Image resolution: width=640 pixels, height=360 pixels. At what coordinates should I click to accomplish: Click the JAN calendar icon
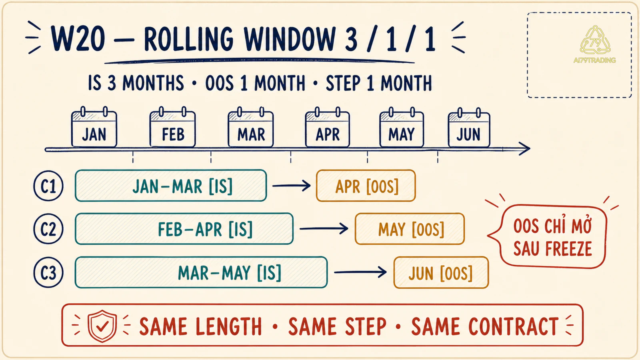click(94, 128)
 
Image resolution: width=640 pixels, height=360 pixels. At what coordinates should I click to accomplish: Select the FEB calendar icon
click(172, 128)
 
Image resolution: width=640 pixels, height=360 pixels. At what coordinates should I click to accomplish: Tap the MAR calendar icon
click(250, 128)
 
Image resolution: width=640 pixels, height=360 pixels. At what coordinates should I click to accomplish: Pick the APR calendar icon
click(328, 128)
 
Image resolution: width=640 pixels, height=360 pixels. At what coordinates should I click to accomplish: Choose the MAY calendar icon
click(402, 128)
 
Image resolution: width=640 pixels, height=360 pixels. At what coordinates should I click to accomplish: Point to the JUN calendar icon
click(469, 128)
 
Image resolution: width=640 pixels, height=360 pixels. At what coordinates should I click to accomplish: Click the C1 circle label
click(48, 186)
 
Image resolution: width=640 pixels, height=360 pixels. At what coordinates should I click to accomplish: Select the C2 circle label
click(48, 229)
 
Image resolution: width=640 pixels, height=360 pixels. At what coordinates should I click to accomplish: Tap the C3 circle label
click(48, 272)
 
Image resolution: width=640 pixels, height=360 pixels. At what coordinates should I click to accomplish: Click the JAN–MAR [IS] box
click(171, 186)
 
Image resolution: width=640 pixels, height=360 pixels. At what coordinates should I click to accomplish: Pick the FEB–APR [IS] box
click(184, 229)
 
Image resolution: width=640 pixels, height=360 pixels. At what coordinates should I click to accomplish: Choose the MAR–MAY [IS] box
click(201, 272)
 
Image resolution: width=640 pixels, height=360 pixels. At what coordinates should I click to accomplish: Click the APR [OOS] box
click(366, 186)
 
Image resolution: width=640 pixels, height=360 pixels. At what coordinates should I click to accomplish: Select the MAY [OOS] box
click(410, 229)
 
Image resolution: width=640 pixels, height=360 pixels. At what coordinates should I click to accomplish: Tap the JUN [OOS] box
click(441, 272)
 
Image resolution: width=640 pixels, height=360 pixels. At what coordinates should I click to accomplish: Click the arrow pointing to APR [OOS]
click(292, 186)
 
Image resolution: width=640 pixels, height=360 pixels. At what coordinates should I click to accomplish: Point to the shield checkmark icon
click(102, 326)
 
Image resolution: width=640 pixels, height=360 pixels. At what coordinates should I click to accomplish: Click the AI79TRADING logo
click(595, 44)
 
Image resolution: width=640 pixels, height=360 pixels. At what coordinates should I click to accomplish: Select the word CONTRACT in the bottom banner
click(485, 326)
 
